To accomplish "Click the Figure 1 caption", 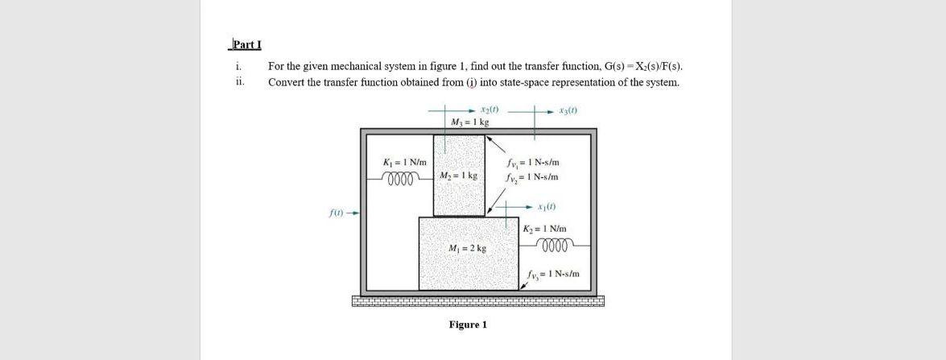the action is point(468,325).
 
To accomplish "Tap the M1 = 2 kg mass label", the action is point(467,249).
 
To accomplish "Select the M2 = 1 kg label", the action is point(459,176).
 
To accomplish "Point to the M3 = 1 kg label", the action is point(471,122).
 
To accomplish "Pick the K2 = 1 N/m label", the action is point(545,229).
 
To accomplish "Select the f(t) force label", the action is point(338,213).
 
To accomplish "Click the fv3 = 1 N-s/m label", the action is point(553,275).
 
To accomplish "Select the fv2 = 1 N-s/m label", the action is point(531,176).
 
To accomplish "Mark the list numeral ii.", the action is point(238,81).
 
